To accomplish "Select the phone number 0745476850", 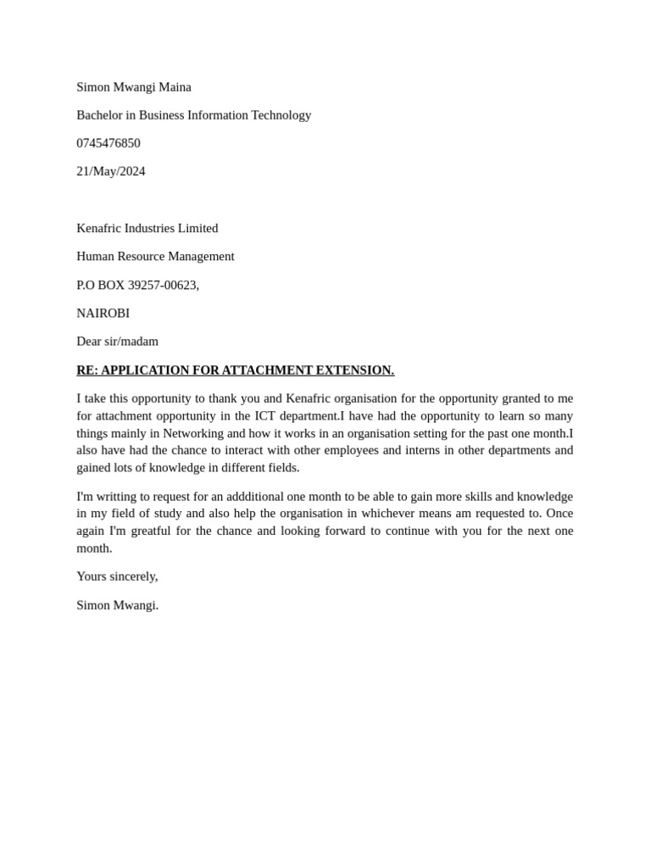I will (108, 143).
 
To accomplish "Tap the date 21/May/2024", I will (111, 171).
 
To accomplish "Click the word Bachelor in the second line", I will (99, 115).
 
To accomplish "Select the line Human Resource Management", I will (155, 256).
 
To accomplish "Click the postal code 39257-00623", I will (163, 285).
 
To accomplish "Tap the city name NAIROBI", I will (103, 313).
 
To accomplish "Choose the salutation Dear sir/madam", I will (117, 342).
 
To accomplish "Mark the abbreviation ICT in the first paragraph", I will (265, 416).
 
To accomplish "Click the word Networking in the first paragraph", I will (193, 433).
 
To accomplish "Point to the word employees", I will (349, 450).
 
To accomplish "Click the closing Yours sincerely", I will (117, 576).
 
